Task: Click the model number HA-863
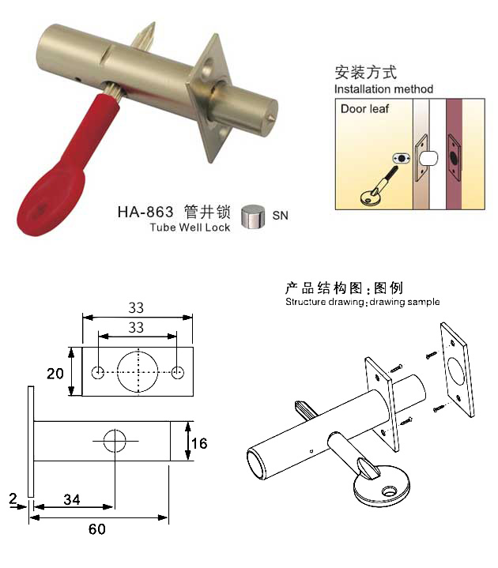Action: (x=145, y=212)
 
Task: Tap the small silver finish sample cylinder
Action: (x=253, y=216)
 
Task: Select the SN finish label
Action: (x=280, y=216)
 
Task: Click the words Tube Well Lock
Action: (x=190, y=228)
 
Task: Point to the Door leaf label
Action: (x=364, y=109)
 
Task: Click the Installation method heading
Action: (x=383, y=89)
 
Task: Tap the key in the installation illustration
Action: (x=379, y=186)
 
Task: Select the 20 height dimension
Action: (x=55, y=374)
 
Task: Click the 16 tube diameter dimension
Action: (x=199, y=443)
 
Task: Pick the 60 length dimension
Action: (x=97, y=529)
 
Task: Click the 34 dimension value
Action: (x=72, y=500)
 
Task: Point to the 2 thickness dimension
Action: (x=13, y=498)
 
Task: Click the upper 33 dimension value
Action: (x=136, y=308)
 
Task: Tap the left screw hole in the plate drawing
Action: (x=98, y=372)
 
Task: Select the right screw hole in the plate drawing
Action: (x=177, y=372)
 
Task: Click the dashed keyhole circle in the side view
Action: (x=115, y=441)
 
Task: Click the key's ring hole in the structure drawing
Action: (x=389, y=491)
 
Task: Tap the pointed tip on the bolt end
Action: (x=271, y=117)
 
